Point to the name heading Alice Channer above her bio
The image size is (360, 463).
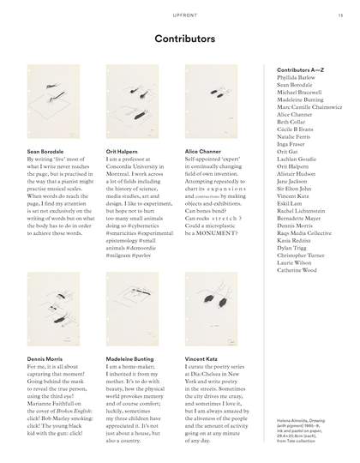(204, 151)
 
